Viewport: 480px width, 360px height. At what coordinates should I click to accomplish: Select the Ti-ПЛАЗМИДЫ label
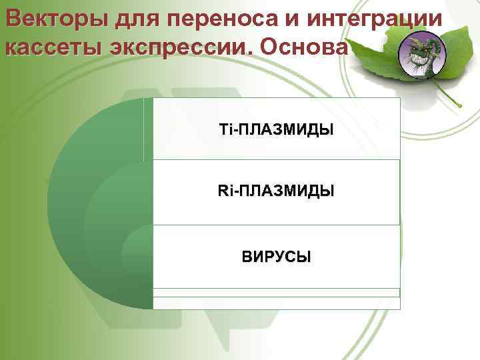click(276, 129)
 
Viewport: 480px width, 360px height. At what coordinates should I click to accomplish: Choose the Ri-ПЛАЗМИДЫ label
click(276, 192)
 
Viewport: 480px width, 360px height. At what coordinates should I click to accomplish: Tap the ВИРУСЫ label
click(276, 257)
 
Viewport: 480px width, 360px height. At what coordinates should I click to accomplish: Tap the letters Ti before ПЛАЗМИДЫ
click(225, 129)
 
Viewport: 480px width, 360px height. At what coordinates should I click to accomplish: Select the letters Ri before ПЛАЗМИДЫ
click(225, 192)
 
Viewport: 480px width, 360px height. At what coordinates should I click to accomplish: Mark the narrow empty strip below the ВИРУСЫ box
click(276, 292)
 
